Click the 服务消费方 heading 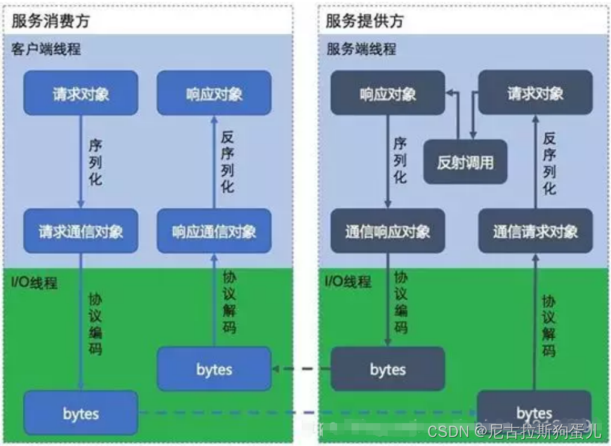click(x=51, y=21)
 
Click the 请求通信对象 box click(x=81, y=231)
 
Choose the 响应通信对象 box click(x=214, y=231)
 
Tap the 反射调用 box click(x=465, y=162)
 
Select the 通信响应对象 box click(x=388, y=231)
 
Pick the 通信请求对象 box click(x=535, y=231)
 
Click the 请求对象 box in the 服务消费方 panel click(x=81, y=93)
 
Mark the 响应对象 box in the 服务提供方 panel click(x=388, y=93)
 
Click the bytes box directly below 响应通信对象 click(x=214, y=368)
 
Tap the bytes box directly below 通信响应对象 click(x=388, y=368)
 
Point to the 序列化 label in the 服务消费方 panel click(x=95, y=162)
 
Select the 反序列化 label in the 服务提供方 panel click(x=549, y=163)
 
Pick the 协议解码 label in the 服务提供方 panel click(x=548, y=326)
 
